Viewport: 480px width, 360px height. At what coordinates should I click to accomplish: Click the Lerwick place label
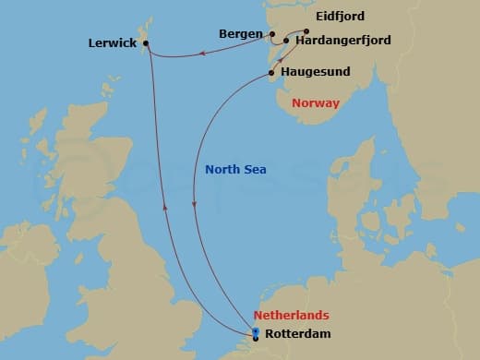[112, 42]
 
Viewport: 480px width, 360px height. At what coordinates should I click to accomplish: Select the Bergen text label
[242, 34]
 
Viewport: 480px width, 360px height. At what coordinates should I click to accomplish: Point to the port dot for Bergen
[272, 35]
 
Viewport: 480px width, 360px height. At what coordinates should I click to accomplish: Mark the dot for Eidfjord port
[306, 30]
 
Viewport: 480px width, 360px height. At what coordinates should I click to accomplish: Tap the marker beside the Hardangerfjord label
[286, 41]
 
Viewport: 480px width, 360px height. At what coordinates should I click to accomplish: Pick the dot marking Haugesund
[271, 72]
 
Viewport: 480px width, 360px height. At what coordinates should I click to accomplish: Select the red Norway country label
[315, 102]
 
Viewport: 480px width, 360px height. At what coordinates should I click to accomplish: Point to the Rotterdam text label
[295, 334]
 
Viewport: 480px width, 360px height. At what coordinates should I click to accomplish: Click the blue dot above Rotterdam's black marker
[256, 330]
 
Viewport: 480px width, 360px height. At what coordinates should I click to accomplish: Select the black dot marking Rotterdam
[256, 338]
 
